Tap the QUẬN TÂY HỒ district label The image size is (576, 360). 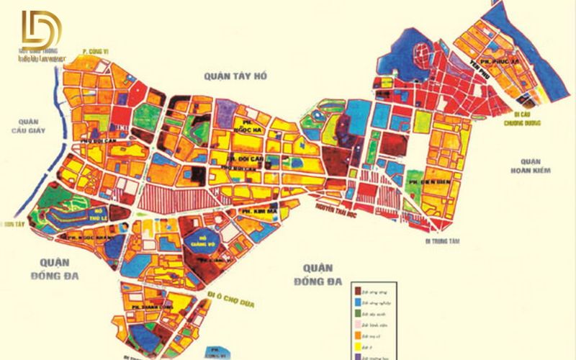(x=235, y=74)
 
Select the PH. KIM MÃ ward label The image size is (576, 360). (x=256, y=211)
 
